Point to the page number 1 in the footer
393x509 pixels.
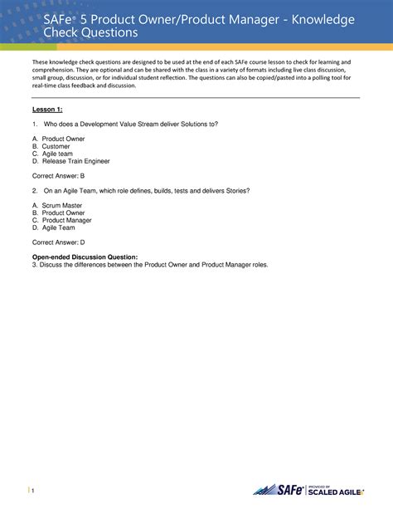pos(35,492)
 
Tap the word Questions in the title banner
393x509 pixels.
pos(104,32)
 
